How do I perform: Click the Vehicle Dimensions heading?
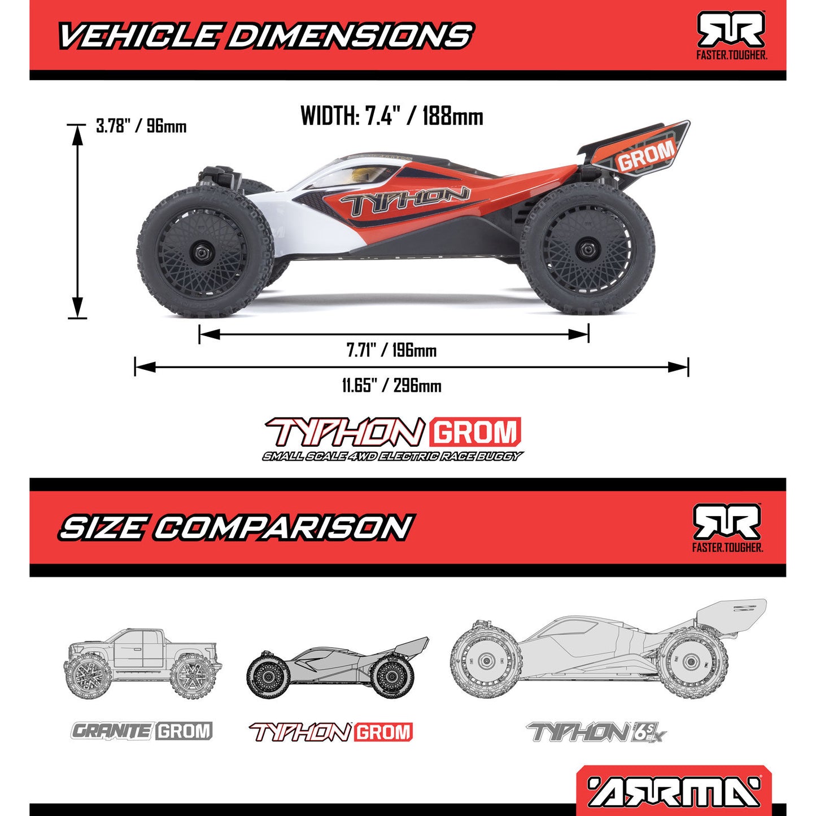pyautogui.click(x=265, y=36)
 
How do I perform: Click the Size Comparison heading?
pyautogui.click(x=236, y=527)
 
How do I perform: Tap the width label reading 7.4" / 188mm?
pyautogui.click(x=392, y=116)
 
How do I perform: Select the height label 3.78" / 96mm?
pyautogui.click(x=141, y=126)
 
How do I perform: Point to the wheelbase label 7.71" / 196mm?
pyautogui.click(x=391, y=351)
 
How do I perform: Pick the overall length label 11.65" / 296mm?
pyautogui.click(x=391, y=386)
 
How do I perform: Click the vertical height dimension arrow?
pyautogui.click(x=77, y=221)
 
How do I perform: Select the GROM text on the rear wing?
pyautogui.click(x=645, y=155)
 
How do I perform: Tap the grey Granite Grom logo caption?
pyautogui.click(x=142, y=731)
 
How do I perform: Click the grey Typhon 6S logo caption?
pyautogui.click(x=596, y=733)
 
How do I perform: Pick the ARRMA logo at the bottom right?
pyautogui.click(x=674, y=791)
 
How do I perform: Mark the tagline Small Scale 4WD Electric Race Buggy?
pyautogui.click(x=392, y=456)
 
